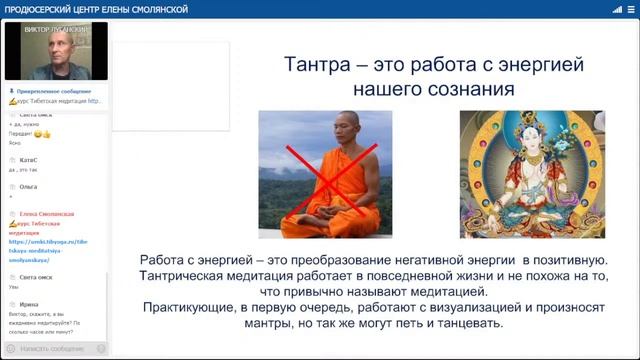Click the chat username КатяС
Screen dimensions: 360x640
[x=28, y=160]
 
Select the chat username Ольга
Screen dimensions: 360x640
[x=28, y=187]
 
